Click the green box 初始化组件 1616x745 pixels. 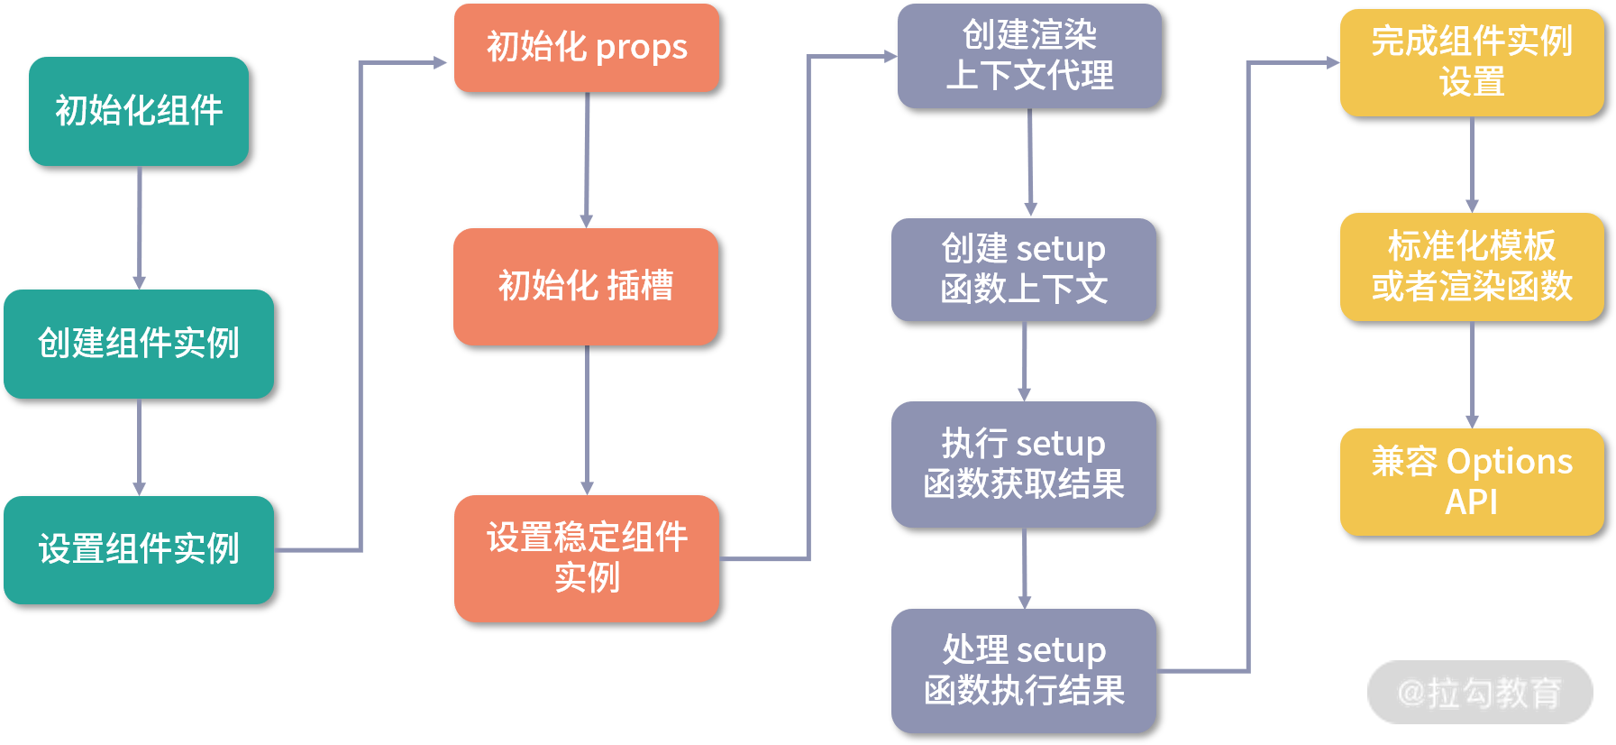[x=139, y=111]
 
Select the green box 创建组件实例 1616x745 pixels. [x=139, y=344]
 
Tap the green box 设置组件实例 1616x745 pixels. [x=139, y=549]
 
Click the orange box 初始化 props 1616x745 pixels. [x=586, y=48]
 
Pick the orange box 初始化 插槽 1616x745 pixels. [x=586, y=286]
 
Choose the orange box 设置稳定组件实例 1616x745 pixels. [x=586, y=558]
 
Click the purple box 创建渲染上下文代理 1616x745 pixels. [x=1029, y=56]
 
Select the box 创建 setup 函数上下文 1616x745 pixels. [x=1024, y=270]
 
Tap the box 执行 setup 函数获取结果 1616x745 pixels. [x=1024, y=464]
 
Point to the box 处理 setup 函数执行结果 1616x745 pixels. [x=1024, y=670]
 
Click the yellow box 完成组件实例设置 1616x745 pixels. [x=1472, y=62]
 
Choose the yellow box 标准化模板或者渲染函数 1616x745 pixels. [x=1472, y=266]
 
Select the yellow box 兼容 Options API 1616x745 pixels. [x=1472, y=482]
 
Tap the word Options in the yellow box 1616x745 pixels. [x=1510, y=462]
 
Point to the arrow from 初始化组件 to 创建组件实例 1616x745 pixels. [x=140, y=227]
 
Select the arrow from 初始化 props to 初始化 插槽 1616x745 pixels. [x=587, y=160]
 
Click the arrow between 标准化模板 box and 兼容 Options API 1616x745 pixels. [x=1472, y=374]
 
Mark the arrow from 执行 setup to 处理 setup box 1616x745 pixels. [x=1025, y=568]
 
